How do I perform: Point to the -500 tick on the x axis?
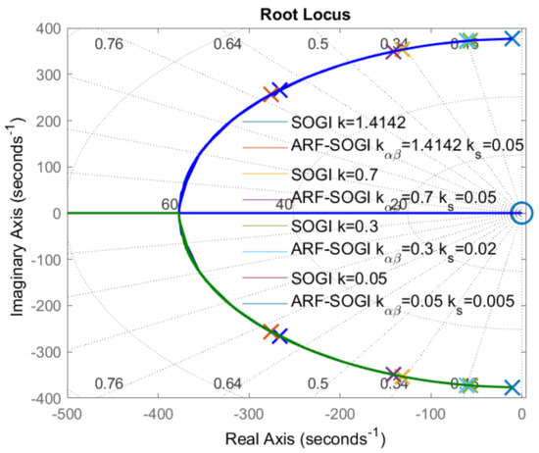[x=67, y=414]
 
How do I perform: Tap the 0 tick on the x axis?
[x=521, y=414]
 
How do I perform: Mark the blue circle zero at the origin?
[x=521, y=213]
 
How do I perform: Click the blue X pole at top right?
[x=511, y=38]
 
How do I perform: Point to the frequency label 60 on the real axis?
[x=170, y=204]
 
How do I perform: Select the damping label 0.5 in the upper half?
[x=318, y=44]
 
